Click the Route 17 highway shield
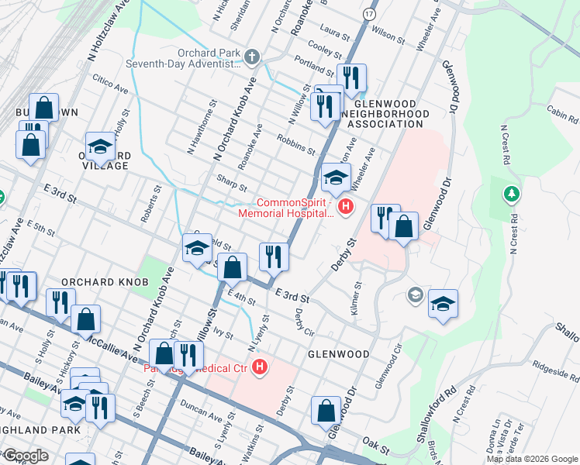tap(369, 15)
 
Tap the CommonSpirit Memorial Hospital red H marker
tap(346, 207)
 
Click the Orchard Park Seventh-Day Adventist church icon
tap(251, 57)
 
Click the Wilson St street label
tap(388, 35)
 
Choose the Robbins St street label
tap(295, 143)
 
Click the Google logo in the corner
tap(25, 456)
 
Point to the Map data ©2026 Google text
tap(531, 459)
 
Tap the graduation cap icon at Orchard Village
tap(100, 146)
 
